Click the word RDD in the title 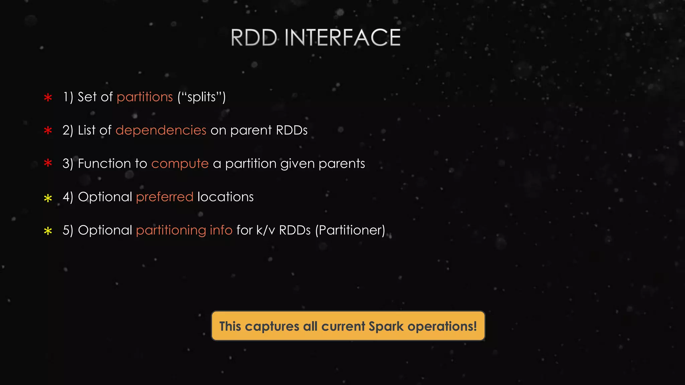[254, 37]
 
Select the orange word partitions [144, 97]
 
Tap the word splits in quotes [202, 97]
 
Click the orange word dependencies [161, 130]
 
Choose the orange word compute [180, 164]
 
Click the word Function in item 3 [104, 164]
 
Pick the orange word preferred [165, 197]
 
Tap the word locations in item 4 [225, 197]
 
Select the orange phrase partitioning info [184, 230]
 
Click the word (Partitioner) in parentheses [350, 230]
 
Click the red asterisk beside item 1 [48, 98]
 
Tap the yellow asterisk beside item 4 [48, 198]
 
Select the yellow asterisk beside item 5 [48, 231]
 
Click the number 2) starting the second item [68, 130]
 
